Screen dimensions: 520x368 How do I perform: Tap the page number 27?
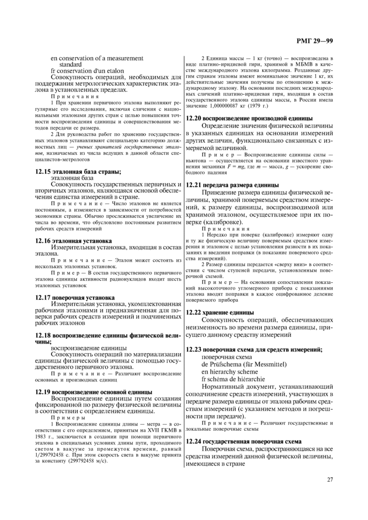[x=330, y=479]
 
